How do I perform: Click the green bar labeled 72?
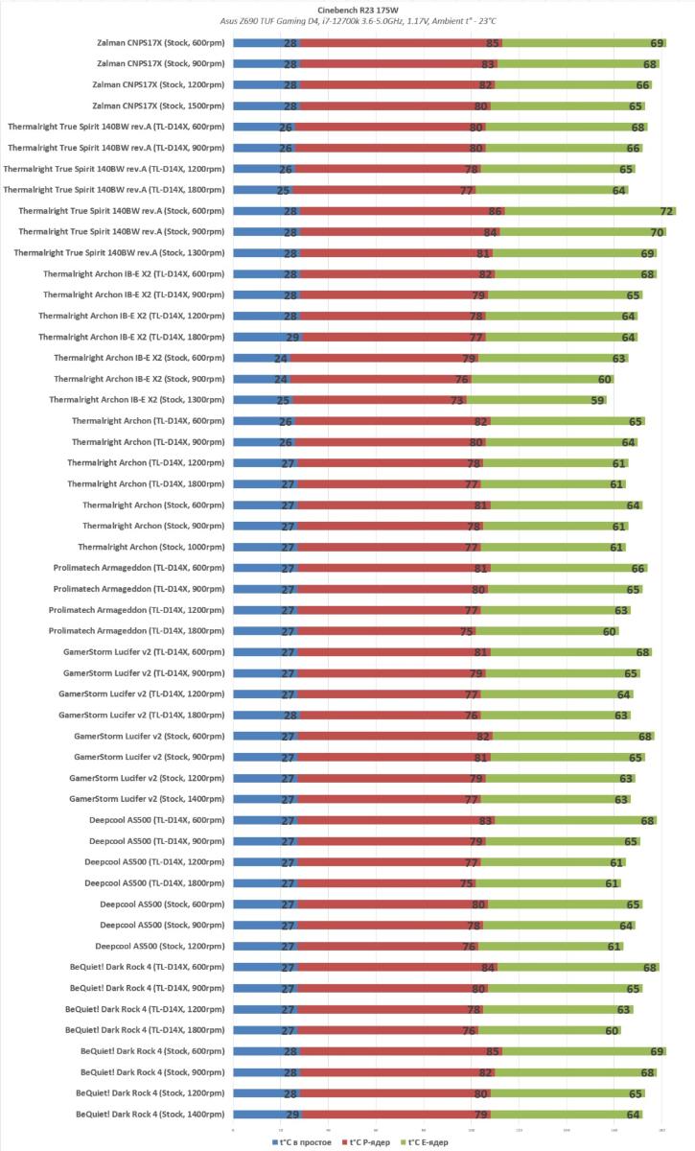590,211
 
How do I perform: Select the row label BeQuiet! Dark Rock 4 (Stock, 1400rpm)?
151,1115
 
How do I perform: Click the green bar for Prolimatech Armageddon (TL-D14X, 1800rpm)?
546,631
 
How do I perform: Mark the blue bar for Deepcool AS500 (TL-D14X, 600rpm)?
265,820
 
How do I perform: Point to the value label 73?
458,400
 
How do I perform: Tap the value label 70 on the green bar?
657,232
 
